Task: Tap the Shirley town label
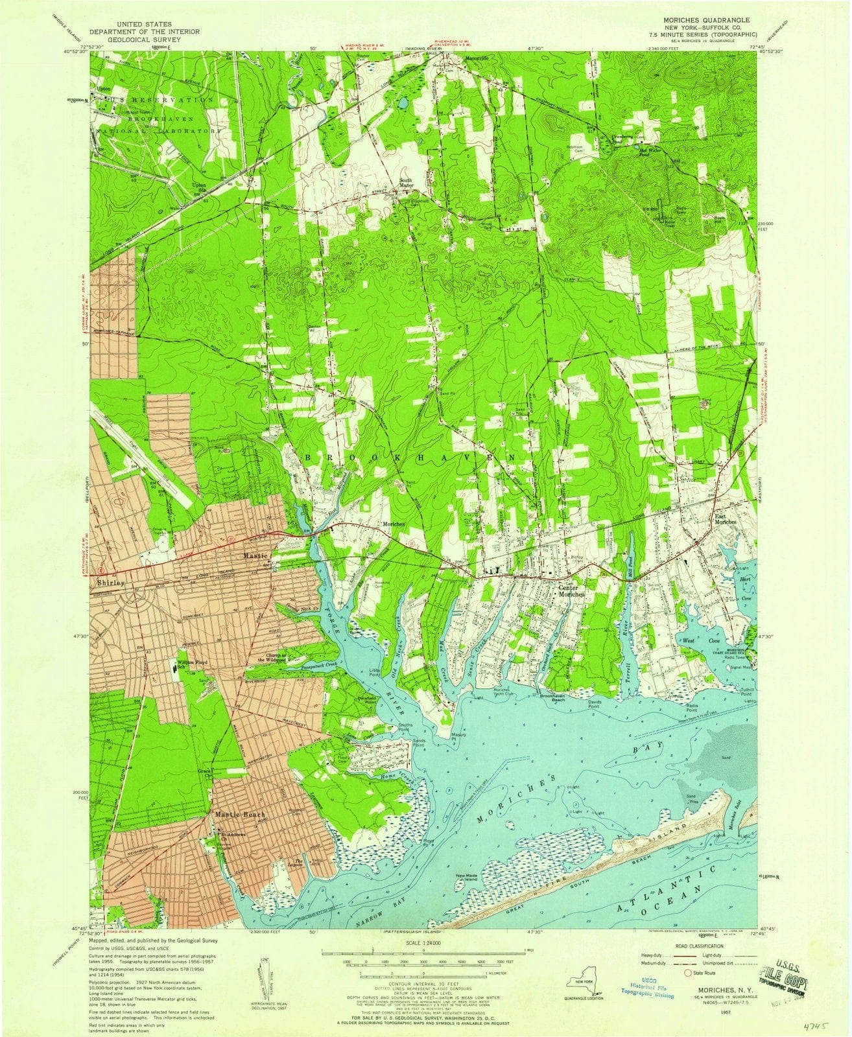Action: point(110,582)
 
